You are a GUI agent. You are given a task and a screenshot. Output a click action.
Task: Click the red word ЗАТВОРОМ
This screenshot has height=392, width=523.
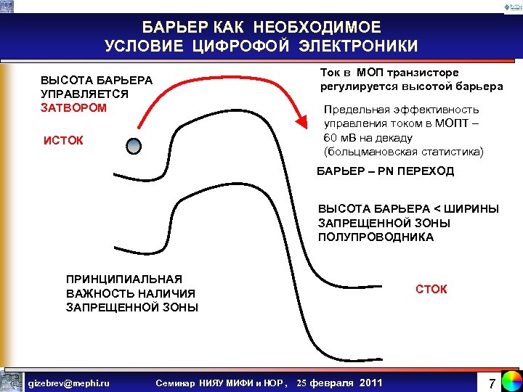(73, 107)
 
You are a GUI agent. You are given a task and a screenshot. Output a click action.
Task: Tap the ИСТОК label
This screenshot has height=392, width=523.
(63, 140)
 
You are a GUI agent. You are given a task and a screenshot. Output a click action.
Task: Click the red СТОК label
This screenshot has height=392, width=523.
(431, 290)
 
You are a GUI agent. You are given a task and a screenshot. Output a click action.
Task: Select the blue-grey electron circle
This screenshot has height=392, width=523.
(134, 146)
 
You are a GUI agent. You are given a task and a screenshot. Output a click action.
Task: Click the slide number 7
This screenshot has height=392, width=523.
(491, 382)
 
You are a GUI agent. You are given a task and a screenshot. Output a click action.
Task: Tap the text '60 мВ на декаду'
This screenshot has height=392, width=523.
(368, 138)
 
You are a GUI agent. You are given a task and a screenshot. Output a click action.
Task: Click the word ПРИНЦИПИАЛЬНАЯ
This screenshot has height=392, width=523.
(113, 279)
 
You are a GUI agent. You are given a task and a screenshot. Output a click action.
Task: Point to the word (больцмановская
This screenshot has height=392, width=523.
(373, 152)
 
